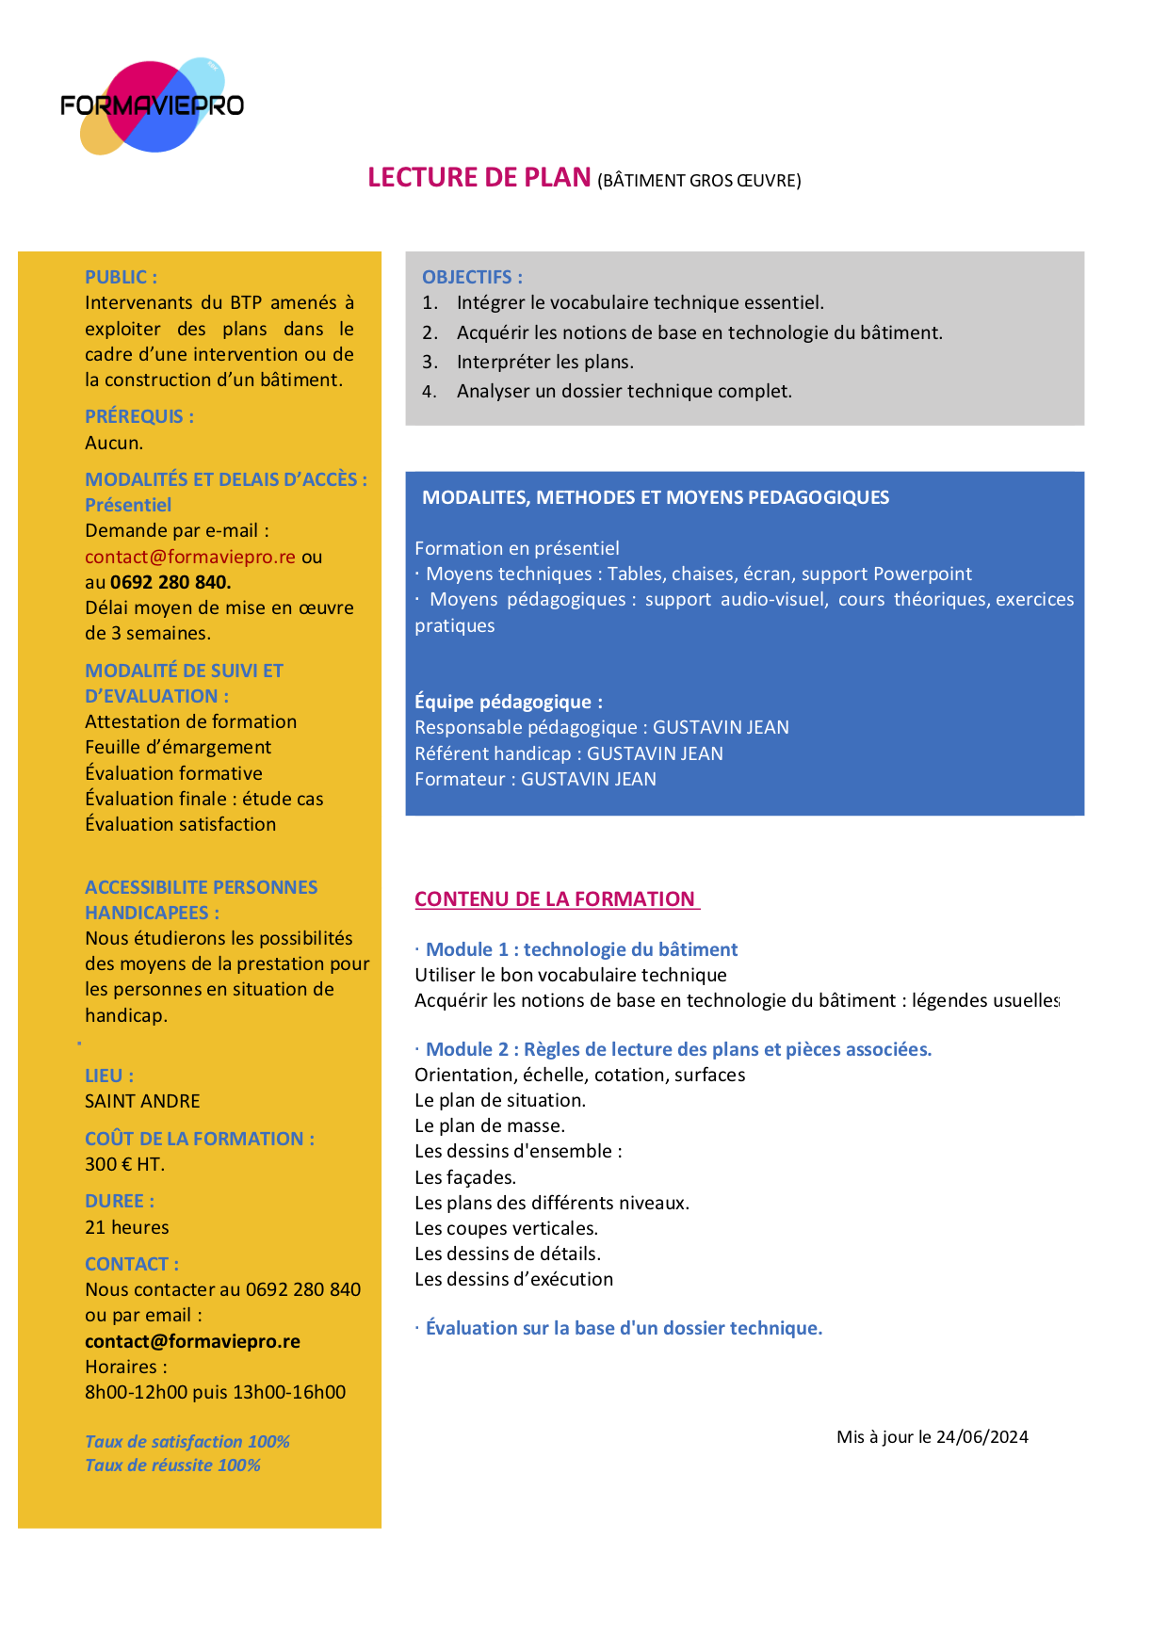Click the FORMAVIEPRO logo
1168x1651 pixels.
[x=152, y=105]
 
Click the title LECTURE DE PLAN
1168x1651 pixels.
[x=479, y=177]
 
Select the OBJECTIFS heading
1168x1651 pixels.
[x=472, y=277]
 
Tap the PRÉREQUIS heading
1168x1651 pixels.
[x=139, y=416]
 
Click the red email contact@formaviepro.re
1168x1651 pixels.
[x=190, y=557]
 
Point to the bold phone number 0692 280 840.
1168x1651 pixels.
[x=170, y=582]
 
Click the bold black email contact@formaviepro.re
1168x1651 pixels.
[x=192, y=1341]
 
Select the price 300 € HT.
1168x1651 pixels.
[x=124, y=1164]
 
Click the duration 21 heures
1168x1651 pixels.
[x=127, y=1227]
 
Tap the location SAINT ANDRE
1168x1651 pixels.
[x=142, y=1101]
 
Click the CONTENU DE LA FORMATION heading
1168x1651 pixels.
[x=556, y=898]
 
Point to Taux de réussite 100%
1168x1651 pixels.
[x=172, y=1465]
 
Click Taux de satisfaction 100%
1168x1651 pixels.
[x=187, y=1442]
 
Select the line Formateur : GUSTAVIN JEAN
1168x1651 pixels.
[x=535, y=779]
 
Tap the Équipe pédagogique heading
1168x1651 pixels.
[x=509, y=702]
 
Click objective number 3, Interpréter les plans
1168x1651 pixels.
[x=544, y=362]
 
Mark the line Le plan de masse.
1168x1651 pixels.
[x=490, y=1125]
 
